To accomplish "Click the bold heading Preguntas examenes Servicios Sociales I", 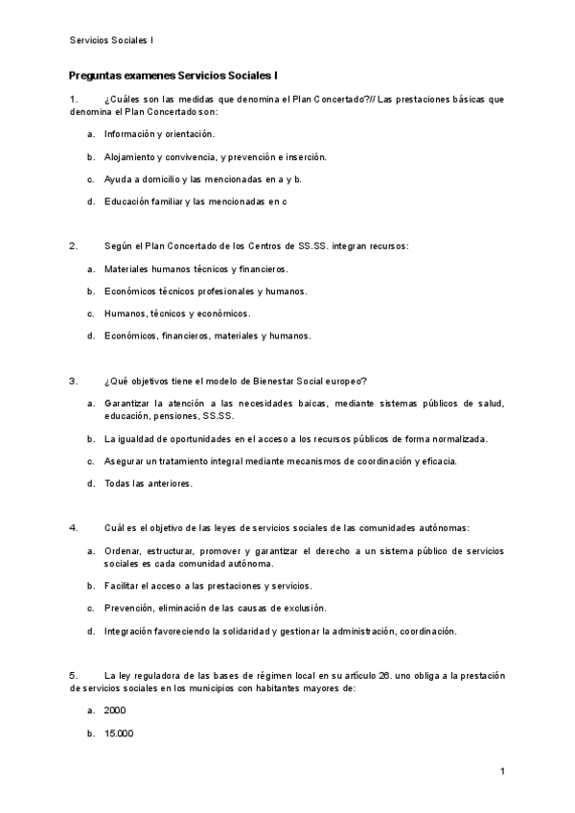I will pyautogui.click(x=173, y=75).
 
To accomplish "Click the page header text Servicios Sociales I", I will pyautogui.click(x=112, y=40).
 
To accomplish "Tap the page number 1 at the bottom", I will pyautogui.click(x=501, y=772).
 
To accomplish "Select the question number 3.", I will pyautogui.click(x=74, y=380).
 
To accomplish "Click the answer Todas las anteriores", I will pyautogui.click(x=149, y=483).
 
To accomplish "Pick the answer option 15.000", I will pyautogui.click(x=119, y=733).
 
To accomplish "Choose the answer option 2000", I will pyautogui.click(x=115, y=710).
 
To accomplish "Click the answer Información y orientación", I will pyautogui.click(x=160, y=133).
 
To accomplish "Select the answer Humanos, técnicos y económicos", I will pyautogui.click(x=177, y=314).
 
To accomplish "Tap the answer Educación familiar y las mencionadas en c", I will pyautogui.click(x=195, y=201).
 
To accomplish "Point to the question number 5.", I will pyautogui.click(x=74, y=676).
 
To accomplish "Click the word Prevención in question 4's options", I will pyautogui.click(x=130, y=608).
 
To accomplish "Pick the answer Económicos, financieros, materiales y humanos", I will pyautogui.click(x=207, y=336).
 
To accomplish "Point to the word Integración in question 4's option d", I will pyautogui.click(x=131, y=631).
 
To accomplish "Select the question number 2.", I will pyautogui.click(x=74, y=245).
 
